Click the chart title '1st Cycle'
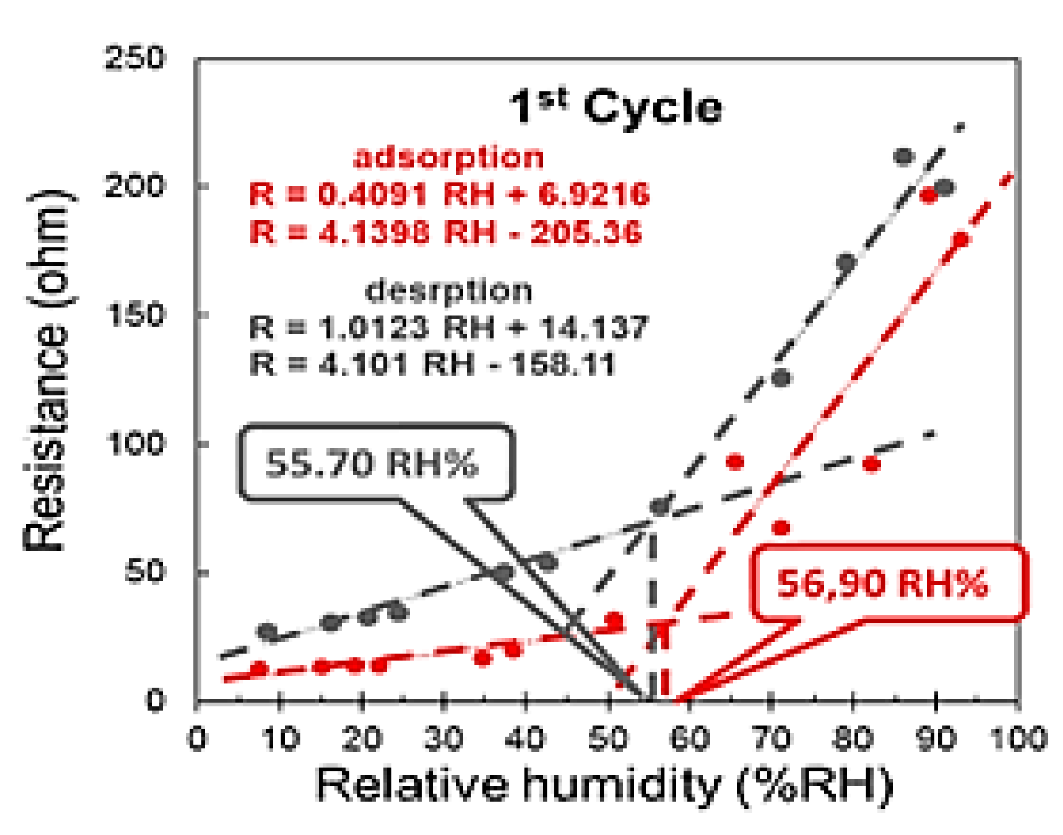(616, 106)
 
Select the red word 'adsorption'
(449, 157)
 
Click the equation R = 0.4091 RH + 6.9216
(449, 195)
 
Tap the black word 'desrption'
(449, 291)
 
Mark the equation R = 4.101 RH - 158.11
(433, 364)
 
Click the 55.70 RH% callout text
(371, 464)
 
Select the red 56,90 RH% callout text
(882, 583)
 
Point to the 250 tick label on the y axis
(135, 58)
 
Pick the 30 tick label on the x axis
(443, 738)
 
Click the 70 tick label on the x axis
(772, 738)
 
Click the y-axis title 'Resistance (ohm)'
(48, 370)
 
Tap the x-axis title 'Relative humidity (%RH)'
(605, 786)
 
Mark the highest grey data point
(903, 156)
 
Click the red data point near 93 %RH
(961, 240)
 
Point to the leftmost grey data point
(267, 631)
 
